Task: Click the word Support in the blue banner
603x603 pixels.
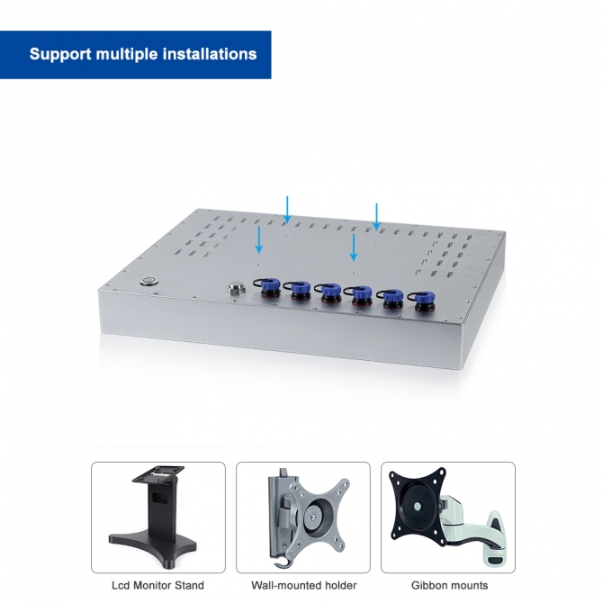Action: (60, 54)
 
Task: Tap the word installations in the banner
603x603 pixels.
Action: (210, 54)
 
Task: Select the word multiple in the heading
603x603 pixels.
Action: (127, 54)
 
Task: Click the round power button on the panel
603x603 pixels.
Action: (148, 281)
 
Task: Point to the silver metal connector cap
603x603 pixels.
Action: (236, 288)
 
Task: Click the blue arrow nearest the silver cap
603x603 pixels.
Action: (259, 240)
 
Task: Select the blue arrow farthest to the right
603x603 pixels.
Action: (376, 217)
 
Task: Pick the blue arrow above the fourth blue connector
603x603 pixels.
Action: (354, 247)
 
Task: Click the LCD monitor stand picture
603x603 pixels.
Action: (158, 517)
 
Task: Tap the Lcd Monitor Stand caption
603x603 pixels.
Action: (157, 585)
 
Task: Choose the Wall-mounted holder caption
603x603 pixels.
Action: (304, 585)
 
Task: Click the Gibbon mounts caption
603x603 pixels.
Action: (450, 585)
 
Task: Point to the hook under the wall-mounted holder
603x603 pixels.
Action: (280, 562)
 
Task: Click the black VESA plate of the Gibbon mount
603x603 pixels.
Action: (418, 505)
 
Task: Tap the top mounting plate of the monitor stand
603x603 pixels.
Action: (158, 473)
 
